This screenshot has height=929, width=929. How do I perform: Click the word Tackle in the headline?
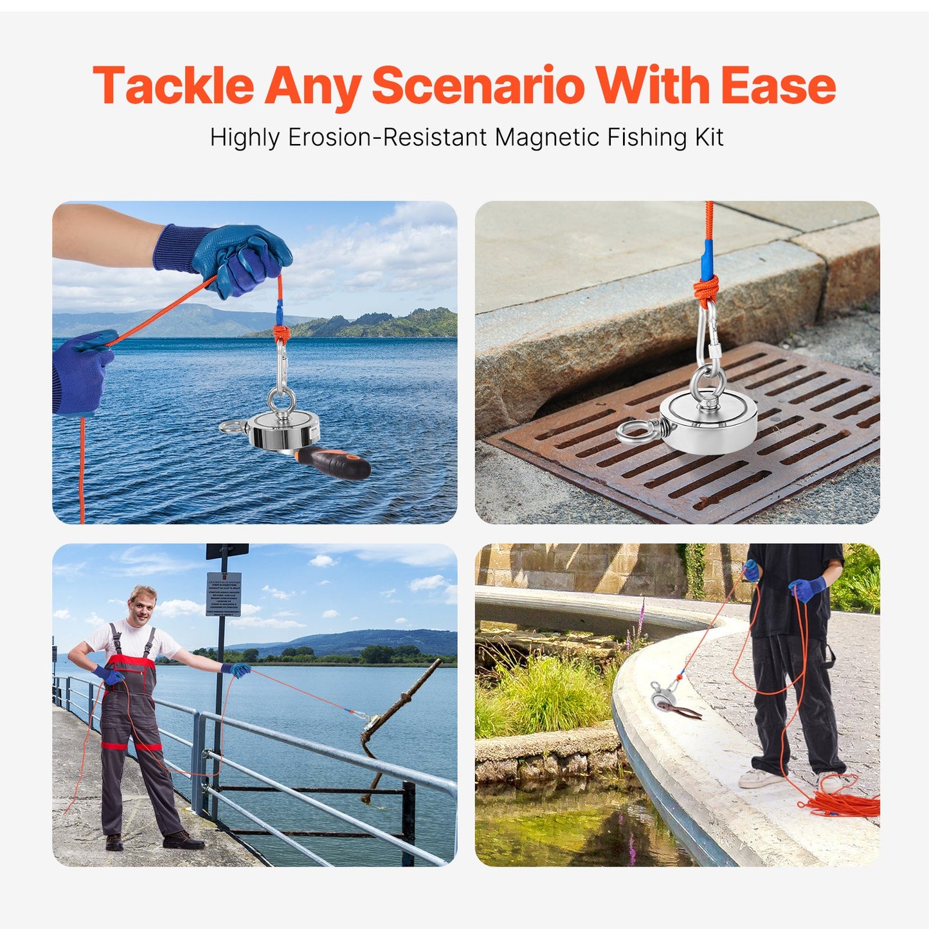click(174, 86)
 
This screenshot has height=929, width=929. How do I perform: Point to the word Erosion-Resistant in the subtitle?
click(387, 138)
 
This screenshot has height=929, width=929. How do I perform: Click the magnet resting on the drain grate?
click(708, 420)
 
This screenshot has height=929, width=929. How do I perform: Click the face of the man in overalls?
click(143, 604)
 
